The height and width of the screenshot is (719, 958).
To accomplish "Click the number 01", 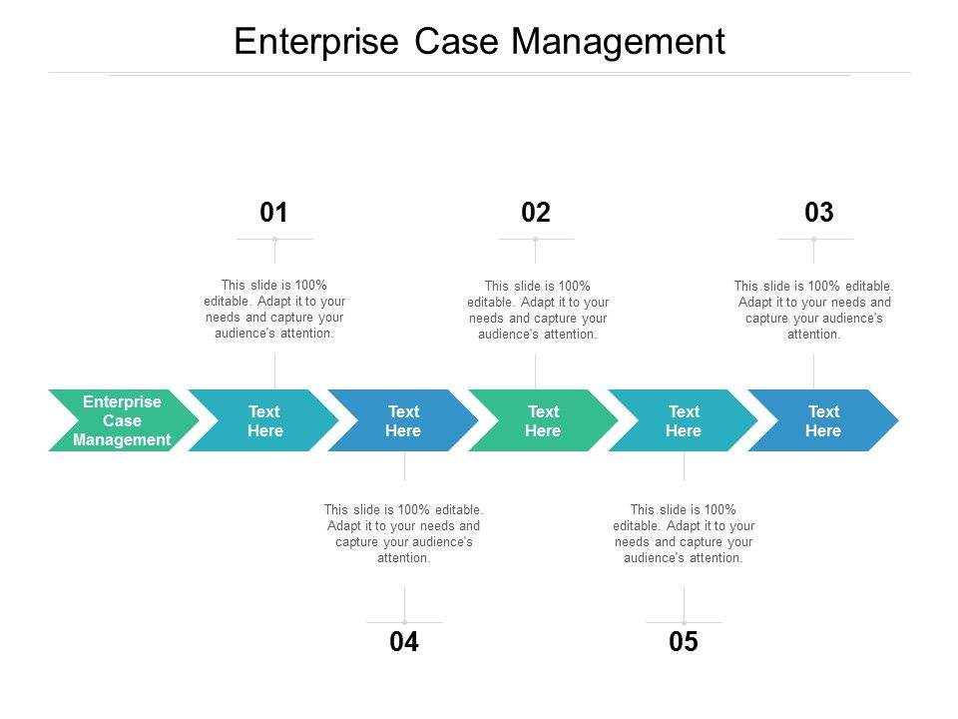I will point(273,212).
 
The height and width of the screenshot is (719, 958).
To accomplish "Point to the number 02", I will point(536,212).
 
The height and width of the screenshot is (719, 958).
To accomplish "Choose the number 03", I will point(818,212).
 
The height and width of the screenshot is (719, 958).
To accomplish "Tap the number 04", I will point(404,643).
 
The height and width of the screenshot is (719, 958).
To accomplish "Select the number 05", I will point(684,643).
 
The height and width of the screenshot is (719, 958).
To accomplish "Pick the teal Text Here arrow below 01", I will point(264,420).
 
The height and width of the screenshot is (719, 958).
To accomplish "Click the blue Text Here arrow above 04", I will point(403,420).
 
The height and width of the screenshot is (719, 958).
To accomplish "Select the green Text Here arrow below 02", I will point(543,420).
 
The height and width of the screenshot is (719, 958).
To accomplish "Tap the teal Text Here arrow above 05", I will point(684,420).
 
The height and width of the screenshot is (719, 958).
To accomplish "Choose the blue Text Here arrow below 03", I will point(823,420).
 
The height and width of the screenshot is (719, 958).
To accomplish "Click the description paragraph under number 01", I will point(274,309).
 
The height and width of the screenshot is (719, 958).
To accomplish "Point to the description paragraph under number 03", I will point(813,310).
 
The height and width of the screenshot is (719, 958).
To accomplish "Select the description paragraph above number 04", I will point(404,533).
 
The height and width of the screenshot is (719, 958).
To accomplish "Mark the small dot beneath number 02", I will point(536,239).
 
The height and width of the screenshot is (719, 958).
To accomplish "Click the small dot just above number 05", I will point(684,622).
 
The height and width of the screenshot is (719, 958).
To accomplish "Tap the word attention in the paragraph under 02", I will point(567,335).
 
